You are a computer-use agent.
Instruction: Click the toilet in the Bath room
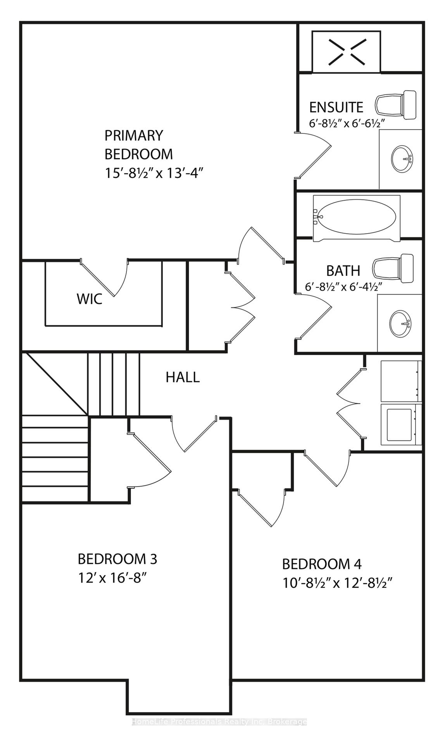click(x=393, y=268)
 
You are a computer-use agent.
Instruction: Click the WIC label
click(x=90, y=299)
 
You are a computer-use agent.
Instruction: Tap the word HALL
click(x=183, y=377)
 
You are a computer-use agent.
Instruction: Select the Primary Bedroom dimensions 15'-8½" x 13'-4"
click(x=154, y=173)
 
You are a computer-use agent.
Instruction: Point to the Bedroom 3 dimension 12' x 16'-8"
click(x=113, y=578)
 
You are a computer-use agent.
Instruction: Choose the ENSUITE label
click(x=336, y=107)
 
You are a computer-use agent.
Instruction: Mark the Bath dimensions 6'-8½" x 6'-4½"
click(x=344, y=287)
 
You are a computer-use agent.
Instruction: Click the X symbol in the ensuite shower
click(x=347, y=52)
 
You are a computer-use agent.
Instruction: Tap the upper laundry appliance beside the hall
click(x=401, y=381)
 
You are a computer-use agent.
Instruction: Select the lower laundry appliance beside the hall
click(x=401, y=424)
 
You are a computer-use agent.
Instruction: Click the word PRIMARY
click(x=134, y=135)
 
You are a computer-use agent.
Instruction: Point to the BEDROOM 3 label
click(x=117, y=559)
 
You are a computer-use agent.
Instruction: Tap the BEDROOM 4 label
click(x=322, y=564)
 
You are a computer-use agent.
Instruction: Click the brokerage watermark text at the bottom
click(x=219, y=722)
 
